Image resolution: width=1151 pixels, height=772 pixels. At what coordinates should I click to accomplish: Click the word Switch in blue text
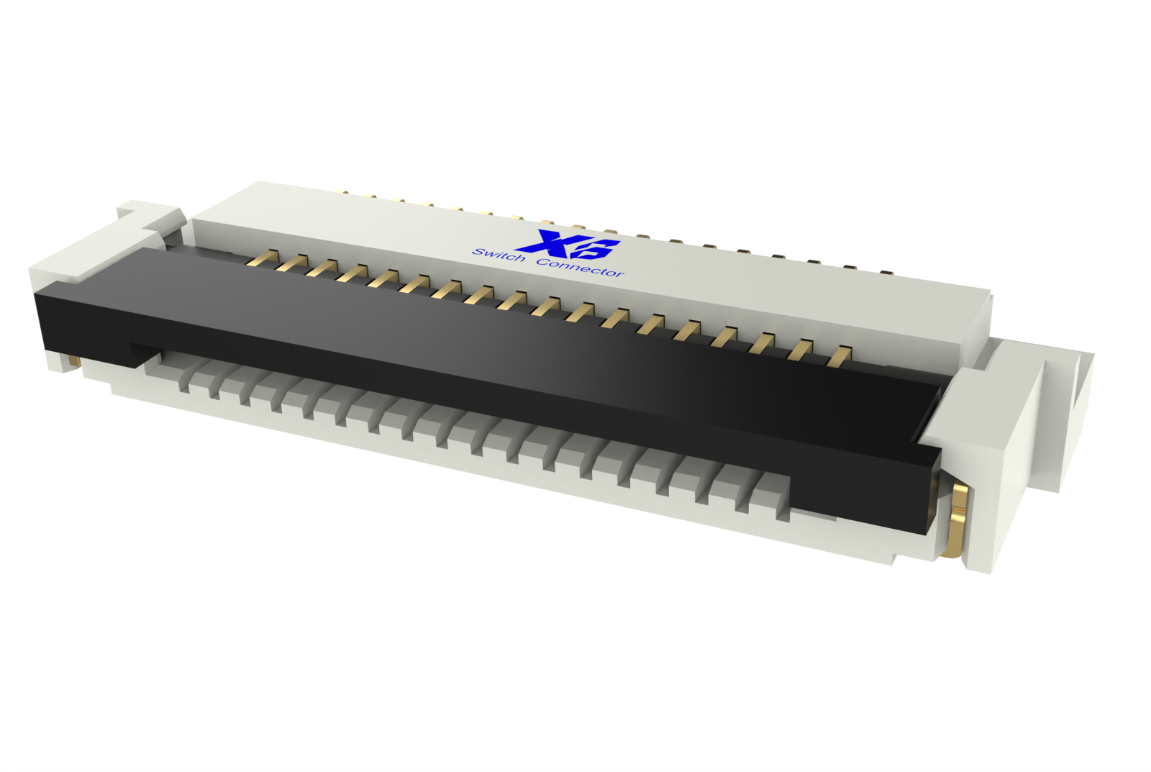click(498, 255)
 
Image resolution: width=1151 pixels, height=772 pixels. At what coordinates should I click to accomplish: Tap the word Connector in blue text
click(580, 267)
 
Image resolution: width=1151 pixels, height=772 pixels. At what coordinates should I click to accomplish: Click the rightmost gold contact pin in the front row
click(838, 356)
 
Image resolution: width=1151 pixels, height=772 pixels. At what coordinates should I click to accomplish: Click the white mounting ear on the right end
click(1022, 432)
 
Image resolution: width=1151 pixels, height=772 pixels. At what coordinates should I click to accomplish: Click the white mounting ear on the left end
click(101, 245)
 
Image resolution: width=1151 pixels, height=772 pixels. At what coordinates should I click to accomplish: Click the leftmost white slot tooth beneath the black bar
click(185, 378)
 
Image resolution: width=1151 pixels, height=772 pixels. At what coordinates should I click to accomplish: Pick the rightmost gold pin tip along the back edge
click(886, 273)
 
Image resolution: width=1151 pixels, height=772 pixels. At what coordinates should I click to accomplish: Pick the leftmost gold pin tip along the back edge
click(344, 193)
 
